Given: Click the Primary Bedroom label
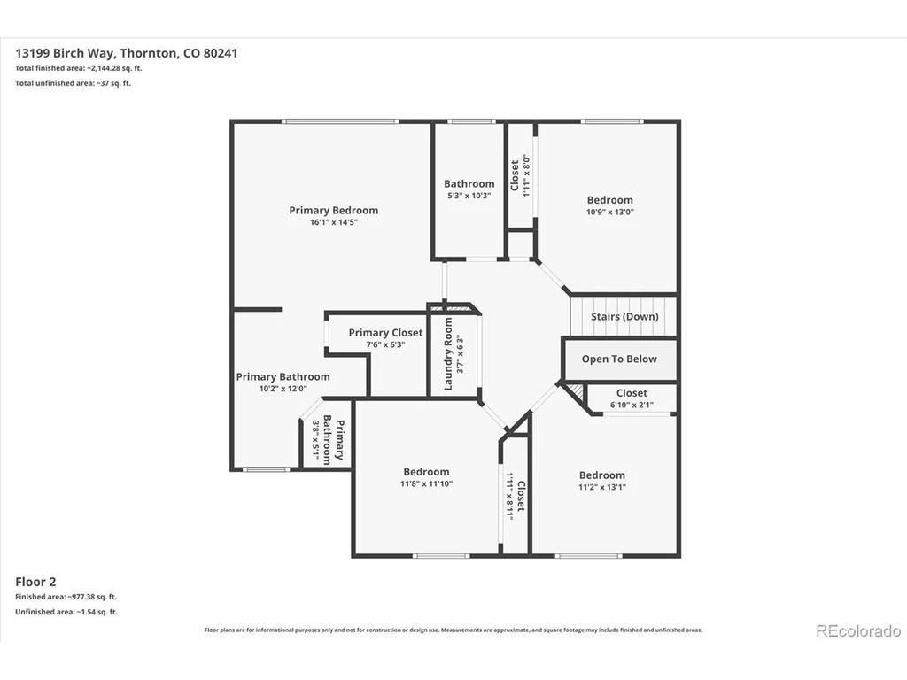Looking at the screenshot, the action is point(334,211).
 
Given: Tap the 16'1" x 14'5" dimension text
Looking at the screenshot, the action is point(334,222).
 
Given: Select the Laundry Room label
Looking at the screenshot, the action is point(448,354).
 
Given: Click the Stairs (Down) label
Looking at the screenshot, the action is point(624,316).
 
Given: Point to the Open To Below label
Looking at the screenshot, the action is point(619,359).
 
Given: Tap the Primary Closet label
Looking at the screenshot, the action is point(386,333).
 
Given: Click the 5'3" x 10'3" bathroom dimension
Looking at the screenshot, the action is point(469,196).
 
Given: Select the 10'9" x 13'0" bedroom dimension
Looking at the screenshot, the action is point(610,212).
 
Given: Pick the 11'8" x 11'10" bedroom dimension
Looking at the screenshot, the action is point(426,483).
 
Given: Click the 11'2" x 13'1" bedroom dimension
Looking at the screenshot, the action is point(602,487).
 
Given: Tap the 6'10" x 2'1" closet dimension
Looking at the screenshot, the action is point(632,405).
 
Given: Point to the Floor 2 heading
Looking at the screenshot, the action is point(35,582).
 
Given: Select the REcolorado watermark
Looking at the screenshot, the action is point(858,630).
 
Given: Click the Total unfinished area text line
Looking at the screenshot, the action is point(73,83).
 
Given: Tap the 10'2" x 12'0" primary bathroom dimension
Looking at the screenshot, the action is point(283,389).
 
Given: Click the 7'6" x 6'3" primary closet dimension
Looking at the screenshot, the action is point(386,344).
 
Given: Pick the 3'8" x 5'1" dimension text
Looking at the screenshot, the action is point(316,439).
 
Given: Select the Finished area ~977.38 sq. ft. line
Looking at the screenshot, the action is point(66,597).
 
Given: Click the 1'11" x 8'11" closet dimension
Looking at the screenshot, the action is point(510,497).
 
